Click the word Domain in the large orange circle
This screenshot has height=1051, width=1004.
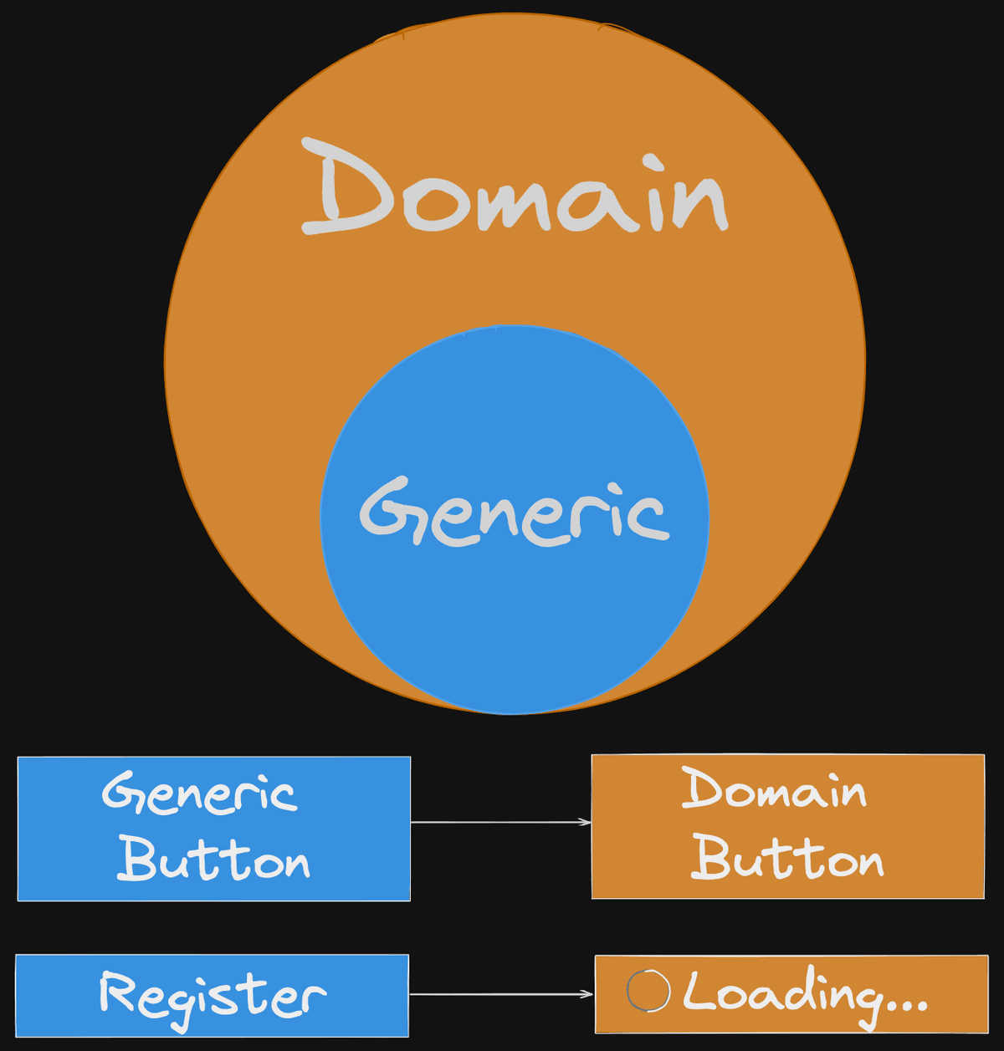click(514, 189)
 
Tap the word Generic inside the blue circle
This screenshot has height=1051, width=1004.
click(514, 513)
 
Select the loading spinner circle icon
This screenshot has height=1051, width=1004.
click(648, 992)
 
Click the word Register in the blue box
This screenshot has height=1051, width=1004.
click(212, 995)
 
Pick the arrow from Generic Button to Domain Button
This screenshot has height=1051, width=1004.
click(500, 823)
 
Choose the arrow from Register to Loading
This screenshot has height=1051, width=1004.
click(500, 994)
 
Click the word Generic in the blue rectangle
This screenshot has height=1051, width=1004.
click(199, 793)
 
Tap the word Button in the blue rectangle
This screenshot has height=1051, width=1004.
click(213, 859)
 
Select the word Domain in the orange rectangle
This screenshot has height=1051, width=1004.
click(774, 789)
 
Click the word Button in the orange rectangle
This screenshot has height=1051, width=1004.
click(787, 857)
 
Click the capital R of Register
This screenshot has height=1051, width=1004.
click(117, 992)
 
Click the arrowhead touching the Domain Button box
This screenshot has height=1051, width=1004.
click(587, 823)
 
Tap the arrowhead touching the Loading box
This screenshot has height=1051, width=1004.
click(589, 994)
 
